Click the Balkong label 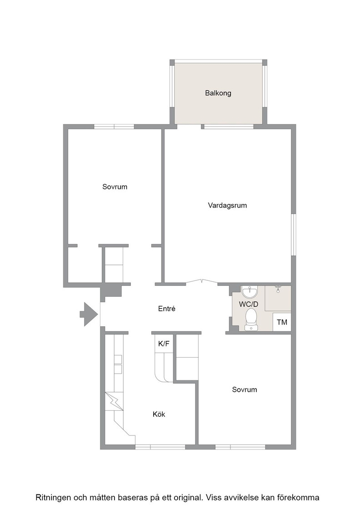click(218, 93)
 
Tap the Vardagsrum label click(227, 205)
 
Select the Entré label click(166, 309)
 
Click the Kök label click(159, 414)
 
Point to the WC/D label click(249, 304)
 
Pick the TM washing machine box click(282, 322)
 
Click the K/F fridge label click(164, 344)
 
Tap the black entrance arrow click(89, 314)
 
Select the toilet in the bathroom click(251, 319)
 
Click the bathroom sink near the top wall click(249, 292)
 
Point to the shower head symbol click(278, 289)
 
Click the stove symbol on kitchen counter click(114, 402)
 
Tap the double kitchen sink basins click(118, 364)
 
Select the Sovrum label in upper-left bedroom click(115, 187)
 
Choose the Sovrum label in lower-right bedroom click(245, 389)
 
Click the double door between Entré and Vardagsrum click(201, 282)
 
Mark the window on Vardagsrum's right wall click(294, 235)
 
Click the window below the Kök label click(160, 447)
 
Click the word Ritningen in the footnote click(53, 498)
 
